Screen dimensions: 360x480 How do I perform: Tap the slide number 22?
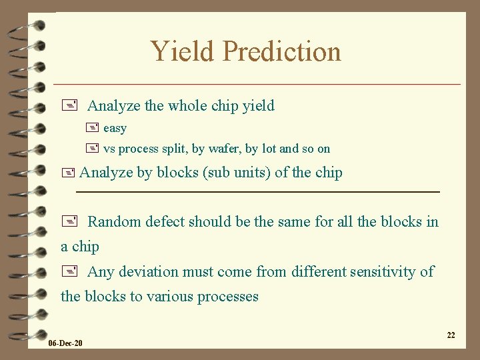click(x=451, y=335)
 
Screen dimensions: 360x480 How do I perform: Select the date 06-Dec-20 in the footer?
click(x=65, y=343)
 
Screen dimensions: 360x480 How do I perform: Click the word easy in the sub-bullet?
click(x=115, y=128)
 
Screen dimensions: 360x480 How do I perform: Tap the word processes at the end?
click(x=229, y=296)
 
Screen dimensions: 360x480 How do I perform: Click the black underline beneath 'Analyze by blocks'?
click(x=258, y=192)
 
